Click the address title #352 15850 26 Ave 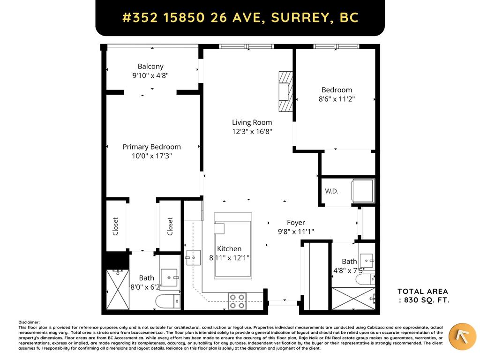click(240, 18)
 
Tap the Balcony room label click(150, 67)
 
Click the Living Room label click(252, 123)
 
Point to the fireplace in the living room click(285, 92)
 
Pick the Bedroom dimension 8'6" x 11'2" click(337, 99)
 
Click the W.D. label click(331, 191)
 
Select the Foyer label click(296, 223)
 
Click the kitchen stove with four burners click(237, 300)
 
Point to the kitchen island click(233, 246)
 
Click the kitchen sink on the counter click(193, 258)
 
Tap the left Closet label click(115, 226)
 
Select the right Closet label click(170, 226)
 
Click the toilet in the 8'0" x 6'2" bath click(167, 301)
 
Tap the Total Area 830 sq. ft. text click(423, 296)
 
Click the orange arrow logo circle click(462, 337)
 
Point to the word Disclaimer click(29, 322)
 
